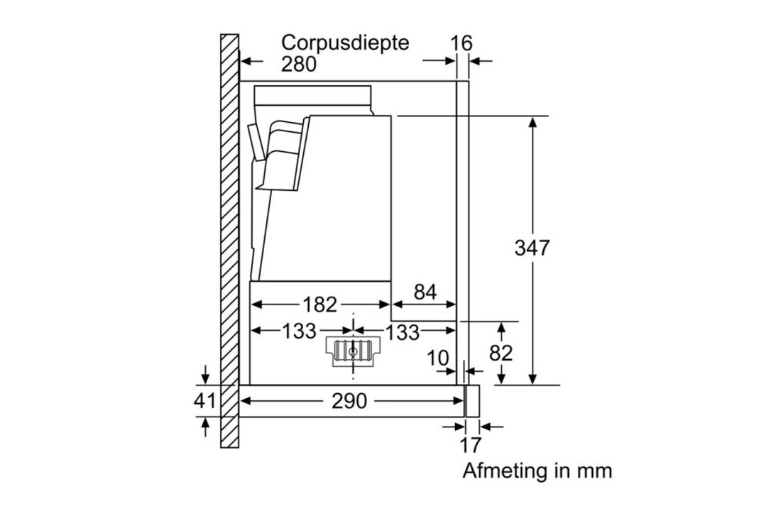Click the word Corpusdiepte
(345, 43)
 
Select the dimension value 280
(298, 64)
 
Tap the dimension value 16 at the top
(461, 43)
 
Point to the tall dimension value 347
(532, 248)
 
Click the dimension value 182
(319, 304)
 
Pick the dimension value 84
(425, 292)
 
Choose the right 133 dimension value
(402, 331)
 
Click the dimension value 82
(501, 353)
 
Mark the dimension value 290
(349, 402)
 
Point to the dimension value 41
(205, 401)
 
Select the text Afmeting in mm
(537, 471)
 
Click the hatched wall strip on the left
(229, 241)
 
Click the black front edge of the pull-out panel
(471, 401)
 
